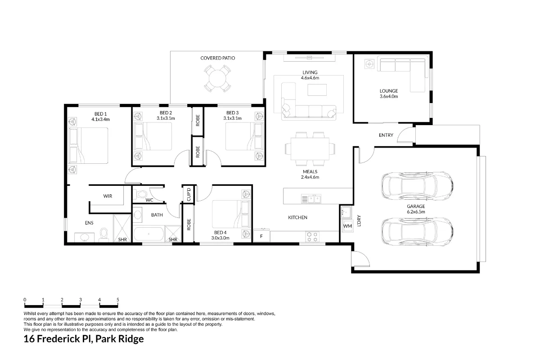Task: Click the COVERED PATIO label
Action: click(218, 58)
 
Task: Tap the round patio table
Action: click(217, 79)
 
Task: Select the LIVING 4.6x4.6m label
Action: click(310, 75)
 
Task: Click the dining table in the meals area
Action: click(310, 148)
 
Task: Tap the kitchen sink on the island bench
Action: click(311, 198)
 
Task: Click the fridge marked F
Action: click(261, 235)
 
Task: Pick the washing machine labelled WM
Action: click(347, 225)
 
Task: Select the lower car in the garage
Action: click(416, 230)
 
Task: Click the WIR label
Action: click(108, 196)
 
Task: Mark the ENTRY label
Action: click(386, 135)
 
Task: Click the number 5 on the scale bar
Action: click(118, 300)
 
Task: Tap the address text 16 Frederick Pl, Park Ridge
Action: click(84, 339)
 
